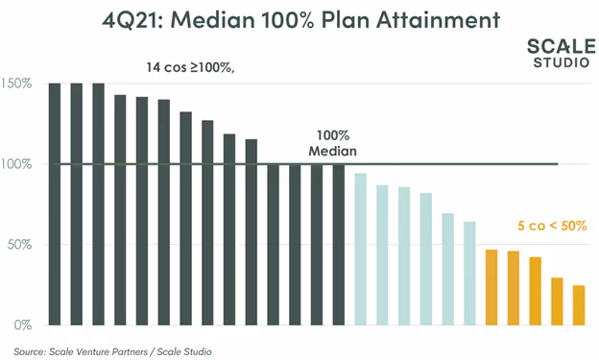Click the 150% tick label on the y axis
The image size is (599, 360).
click(x=16, y=84)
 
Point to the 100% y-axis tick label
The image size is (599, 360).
click(x=16, y=164)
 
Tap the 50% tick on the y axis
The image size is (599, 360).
click(x=19, y=244)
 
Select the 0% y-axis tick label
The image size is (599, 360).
click(x=22, y=324)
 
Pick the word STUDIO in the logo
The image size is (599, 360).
click(x=562, y=63)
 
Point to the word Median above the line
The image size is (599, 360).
click(x=333, y=152)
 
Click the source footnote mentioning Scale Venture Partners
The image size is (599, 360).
click(x=112, y=351)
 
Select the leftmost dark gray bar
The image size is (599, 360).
click(x=55, y=204)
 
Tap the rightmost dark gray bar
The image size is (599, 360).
click(x=339, y=244)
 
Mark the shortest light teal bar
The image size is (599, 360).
click(x=469, y=273)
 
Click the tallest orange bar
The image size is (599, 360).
click(x=491, y=287)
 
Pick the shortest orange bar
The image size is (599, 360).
click(x=579, y=304)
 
